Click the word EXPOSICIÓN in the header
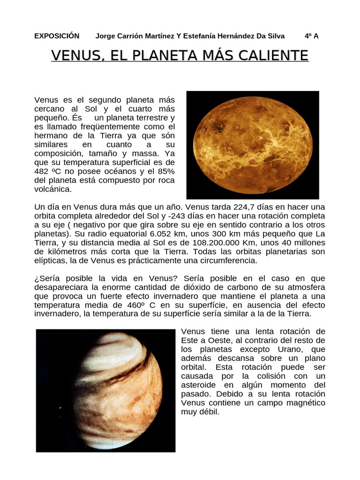tap(57, 36)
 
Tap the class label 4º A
tap(311, 36)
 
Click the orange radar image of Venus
tap(253, 145)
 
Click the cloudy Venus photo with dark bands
tap(106, 390)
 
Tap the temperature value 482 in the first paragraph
tap(42, 172)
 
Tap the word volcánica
tap(53, 189)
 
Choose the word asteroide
tap(199, 385)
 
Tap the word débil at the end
tap(209, 412)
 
